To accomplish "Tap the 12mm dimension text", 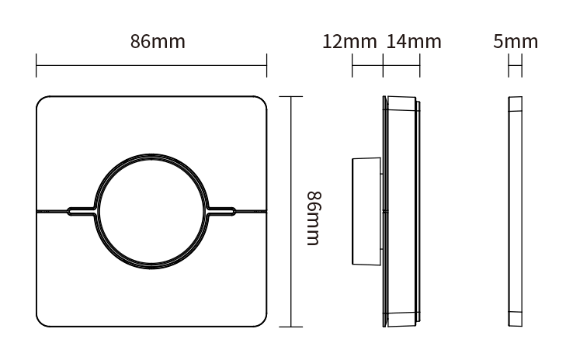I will click(x=349, y=42).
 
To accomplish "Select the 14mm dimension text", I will click(x=413, y=42).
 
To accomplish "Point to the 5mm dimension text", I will click(x=515, y=42).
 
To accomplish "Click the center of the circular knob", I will click(x=151, y=209).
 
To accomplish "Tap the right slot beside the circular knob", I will click(x=223, y=209).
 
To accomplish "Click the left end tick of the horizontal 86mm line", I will click(x=36, y=65).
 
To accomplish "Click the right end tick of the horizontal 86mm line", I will click(x=266, y=65).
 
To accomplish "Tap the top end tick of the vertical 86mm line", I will click(x=290, y=96).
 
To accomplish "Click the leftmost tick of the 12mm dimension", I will click(x=352, y=65).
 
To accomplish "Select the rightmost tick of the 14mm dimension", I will click(x=420, y=65).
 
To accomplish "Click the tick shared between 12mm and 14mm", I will click(x=384, y=65).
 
